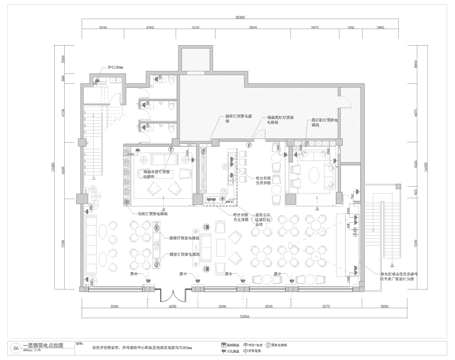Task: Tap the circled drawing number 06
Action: pos(16,340)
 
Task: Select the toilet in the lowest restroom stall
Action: pos(139,125)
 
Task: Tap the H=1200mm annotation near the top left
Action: pos(113,67)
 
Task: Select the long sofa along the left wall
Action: pos(92,240)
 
